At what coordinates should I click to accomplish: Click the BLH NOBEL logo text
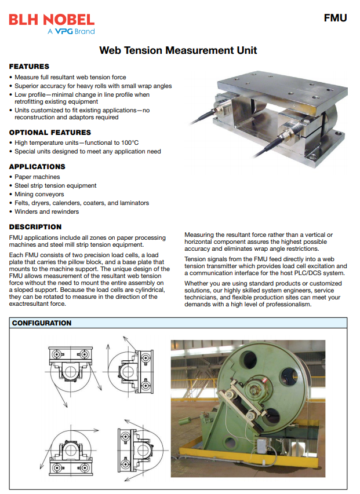click(x=52, y=20)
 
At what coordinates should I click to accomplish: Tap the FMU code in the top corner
click(x=335, y=18)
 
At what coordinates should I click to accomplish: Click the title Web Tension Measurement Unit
click(x=178, y=50)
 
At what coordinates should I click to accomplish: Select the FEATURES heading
click(x=29, y=67)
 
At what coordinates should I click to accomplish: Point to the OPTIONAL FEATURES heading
click(x=50, y=133)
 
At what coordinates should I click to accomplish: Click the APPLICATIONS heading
click(x=37, y=167)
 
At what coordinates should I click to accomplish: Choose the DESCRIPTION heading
click(x=35, y=227)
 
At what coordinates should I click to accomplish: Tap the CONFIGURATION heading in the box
click(x=42, y=323)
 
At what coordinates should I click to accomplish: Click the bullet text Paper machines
click(x=37, y=177)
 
